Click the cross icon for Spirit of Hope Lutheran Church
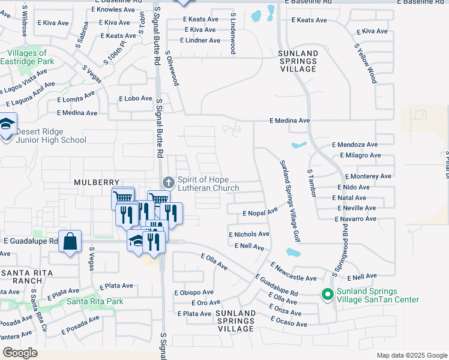point(169,182)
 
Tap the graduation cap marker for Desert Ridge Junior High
point(7,125)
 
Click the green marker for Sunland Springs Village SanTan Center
point(327,293)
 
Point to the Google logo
point(20,353)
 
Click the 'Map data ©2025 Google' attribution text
point(411,355)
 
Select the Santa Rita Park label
point(95,301)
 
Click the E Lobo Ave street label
point(135,98)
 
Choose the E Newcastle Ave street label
point(293,271)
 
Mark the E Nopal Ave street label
point(260,212)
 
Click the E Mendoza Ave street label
point(354,145)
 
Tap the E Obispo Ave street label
point(193,293)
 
